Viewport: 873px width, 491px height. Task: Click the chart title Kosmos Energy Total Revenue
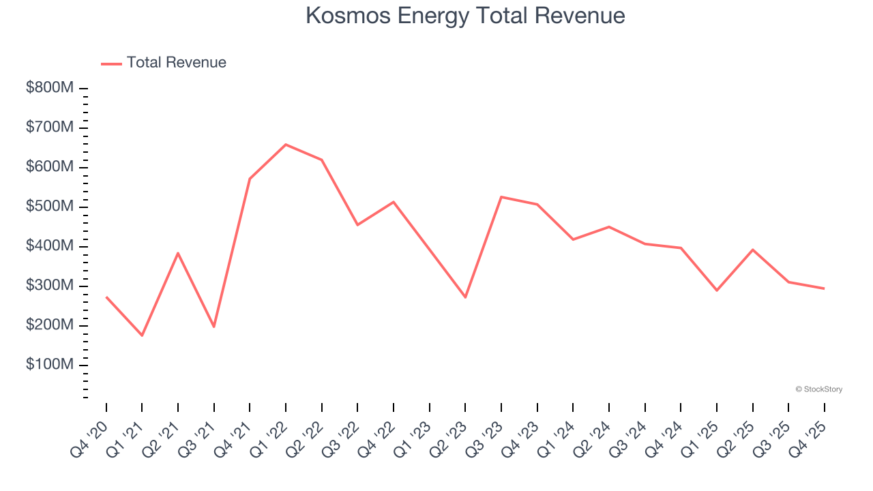465,16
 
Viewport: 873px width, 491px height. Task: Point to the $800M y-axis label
50,88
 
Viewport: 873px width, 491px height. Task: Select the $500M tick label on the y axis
50,207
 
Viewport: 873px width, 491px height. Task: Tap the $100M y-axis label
50,365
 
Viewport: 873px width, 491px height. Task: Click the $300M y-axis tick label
50,286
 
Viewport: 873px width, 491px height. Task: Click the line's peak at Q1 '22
286,145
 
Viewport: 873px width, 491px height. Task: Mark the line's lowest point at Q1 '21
142,336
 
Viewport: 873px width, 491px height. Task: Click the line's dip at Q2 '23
465,297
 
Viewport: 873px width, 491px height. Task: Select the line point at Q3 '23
501,197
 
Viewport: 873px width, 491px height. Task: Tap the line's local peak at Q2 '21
178,253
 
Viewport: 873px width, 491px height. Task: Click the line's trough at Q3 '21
214,327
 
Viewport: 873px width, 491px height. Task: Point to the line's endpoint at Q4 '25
824,288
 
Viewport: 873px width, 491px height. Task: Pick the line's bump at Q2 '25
752,250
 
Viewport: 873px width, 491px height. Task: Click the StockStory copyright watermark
818,389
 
